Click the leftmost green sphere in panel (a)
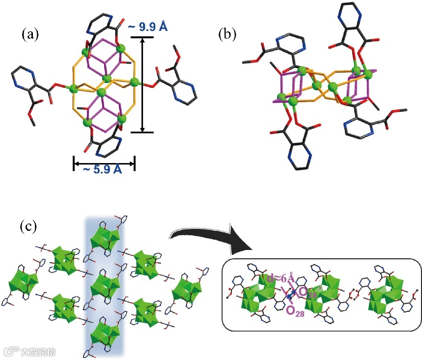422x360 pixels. pyautogui.click(x=73, y=89)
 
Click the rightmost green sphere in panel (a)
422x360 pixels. pyautogui.click(x=135, y=83)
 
